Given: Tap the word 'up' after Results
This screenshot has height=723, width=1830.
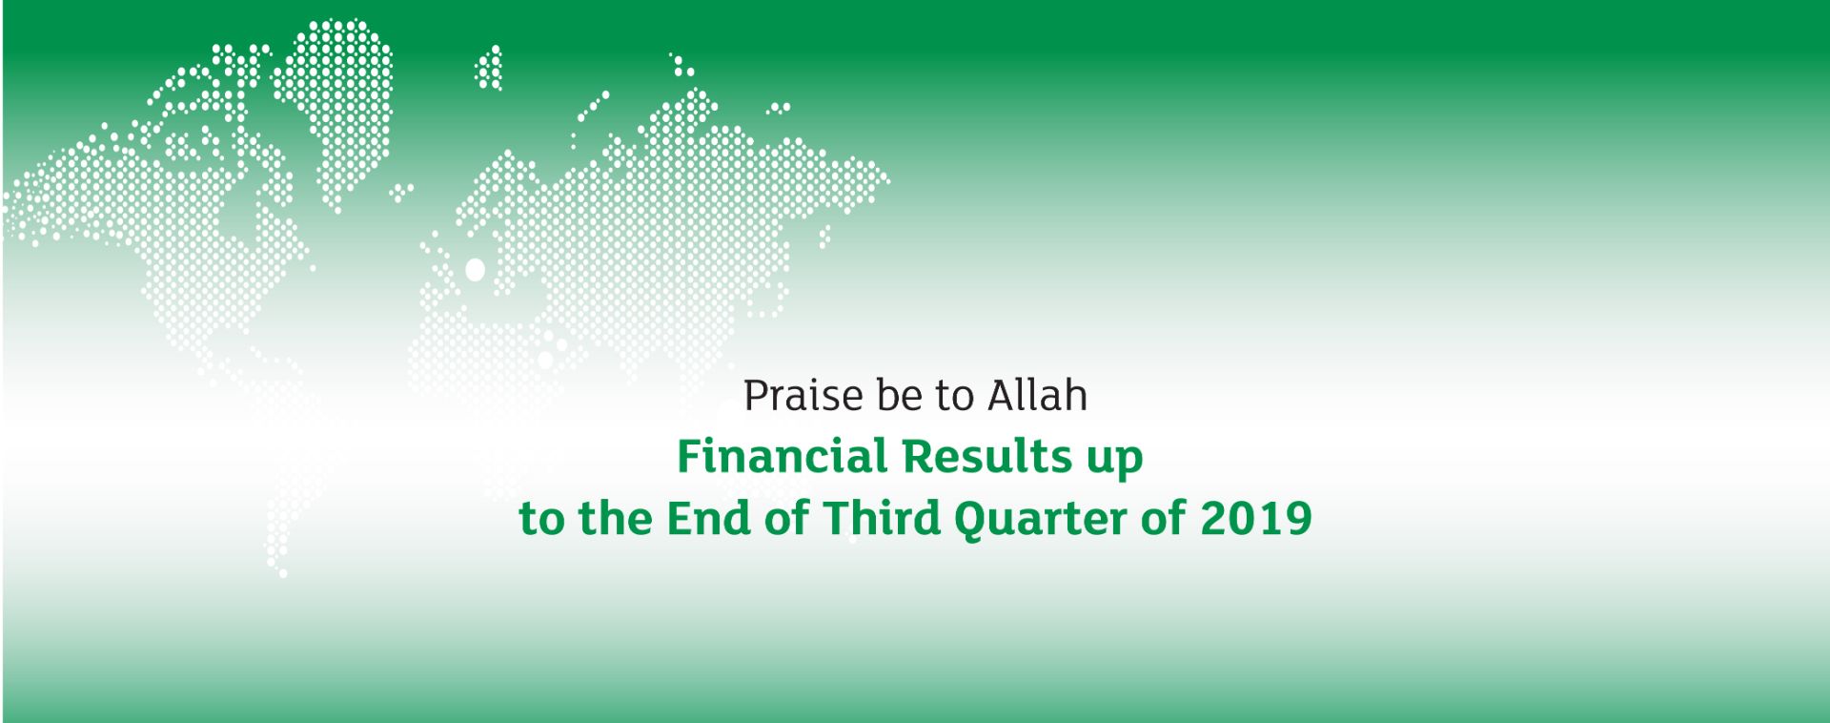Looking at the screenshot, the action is tap(1114, 461).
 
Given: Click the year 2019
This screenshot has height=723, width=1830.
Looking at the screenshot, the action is tap(1255, 518).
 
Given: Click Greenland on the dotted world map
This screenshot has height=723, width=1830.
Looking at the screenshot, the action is tap(335, 105).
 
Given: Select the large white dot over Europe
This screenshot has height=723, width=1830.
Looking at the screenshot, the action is tap(474, 270).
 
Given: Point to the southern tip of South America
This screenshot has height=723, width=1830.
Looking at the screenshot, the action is tap(282, 573).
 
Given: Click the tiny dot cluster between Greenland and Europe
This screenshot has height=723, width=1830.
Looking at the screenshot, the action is tap(401, 192).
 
